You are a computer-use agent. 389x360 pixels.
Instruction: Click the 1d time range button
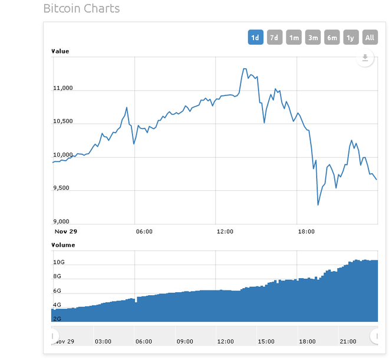(x=255, y=38)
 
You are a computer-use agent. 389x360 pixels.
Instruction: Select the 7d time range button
(x=274, y=38)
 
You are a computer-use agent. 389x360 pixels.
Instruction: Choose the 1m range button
(x=294, y=38)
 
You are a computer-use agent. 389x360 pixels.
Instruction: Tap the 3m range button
(x=313, y=38)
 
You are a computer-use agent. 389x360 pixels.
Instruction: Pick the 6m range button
(x=332, y=38)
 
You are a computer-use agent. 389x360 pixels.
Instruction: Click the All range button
(x=370, y=38)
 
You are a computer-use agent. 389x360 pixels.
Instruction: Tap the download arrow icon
(x=365, y=58)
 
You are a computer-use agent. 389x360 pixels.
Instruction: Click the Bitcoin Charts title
(x=81, y=9)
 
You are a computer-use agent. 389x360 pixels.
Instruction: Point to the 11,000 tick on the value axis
(x=63, y=88)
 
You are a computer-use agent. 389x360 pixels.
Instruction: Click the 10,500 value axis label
(x=63, y=121)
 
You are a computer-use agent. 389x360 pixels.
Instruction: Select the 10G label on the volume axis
(x=58, y=262)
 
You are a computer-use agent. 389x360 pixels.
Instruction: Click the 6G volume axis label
(x=57, y=291)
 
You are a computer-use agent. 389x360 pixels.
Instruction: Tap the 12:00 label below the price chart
(x=225, y=232)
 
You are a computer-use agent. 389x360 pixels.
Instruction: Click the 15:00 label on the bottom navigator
(x=266, y=341)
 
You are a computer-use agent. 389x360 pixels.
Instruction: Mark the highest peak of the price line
(x=244, y=69)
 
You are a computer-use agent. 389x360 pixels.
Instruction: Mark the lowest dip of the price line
(x=318, y=204)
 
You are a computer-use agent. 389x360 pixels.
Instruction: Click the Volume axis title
(x=64, y=245)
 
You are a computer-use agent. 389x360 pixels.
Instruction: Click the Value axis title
(x=61, y=51)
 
